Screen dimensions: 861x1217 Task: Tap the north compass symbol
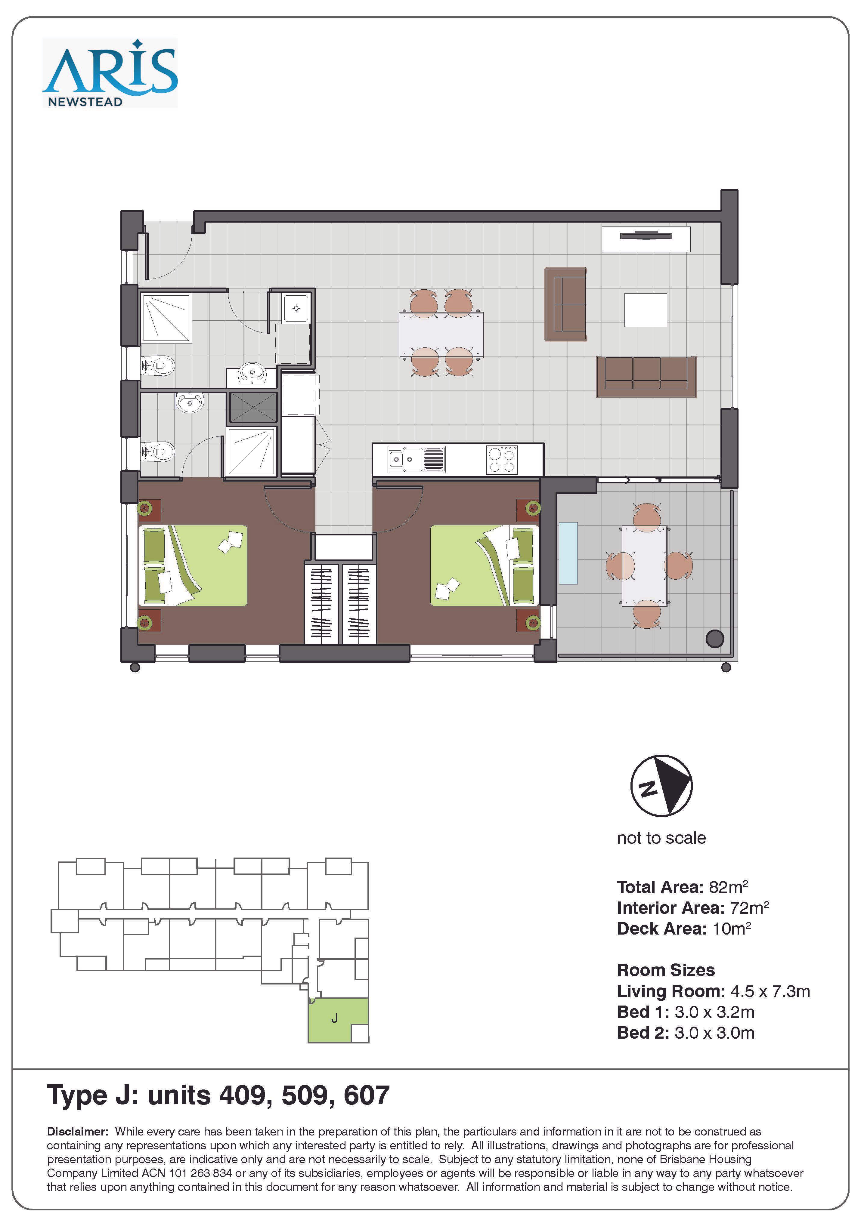coord(661,786)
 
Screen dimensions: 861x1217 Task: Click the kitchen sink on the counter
coord(417,459)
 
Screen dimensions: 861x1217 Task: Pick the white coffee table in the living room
coord(645,310)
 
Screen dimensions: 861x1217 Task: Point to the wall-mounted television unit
coord(646,239)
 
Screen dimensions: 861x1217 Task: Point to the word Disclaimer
coord(77,1132)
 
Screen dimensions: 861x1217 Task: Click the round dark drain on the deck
coord(715,639)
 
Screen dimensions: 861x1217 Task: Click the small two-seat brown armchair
coord(566,304)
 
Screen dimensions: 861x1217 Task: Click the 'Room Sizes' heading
coord(666,970)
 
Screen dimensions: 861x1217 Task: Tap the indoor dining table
coord(441,335)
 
